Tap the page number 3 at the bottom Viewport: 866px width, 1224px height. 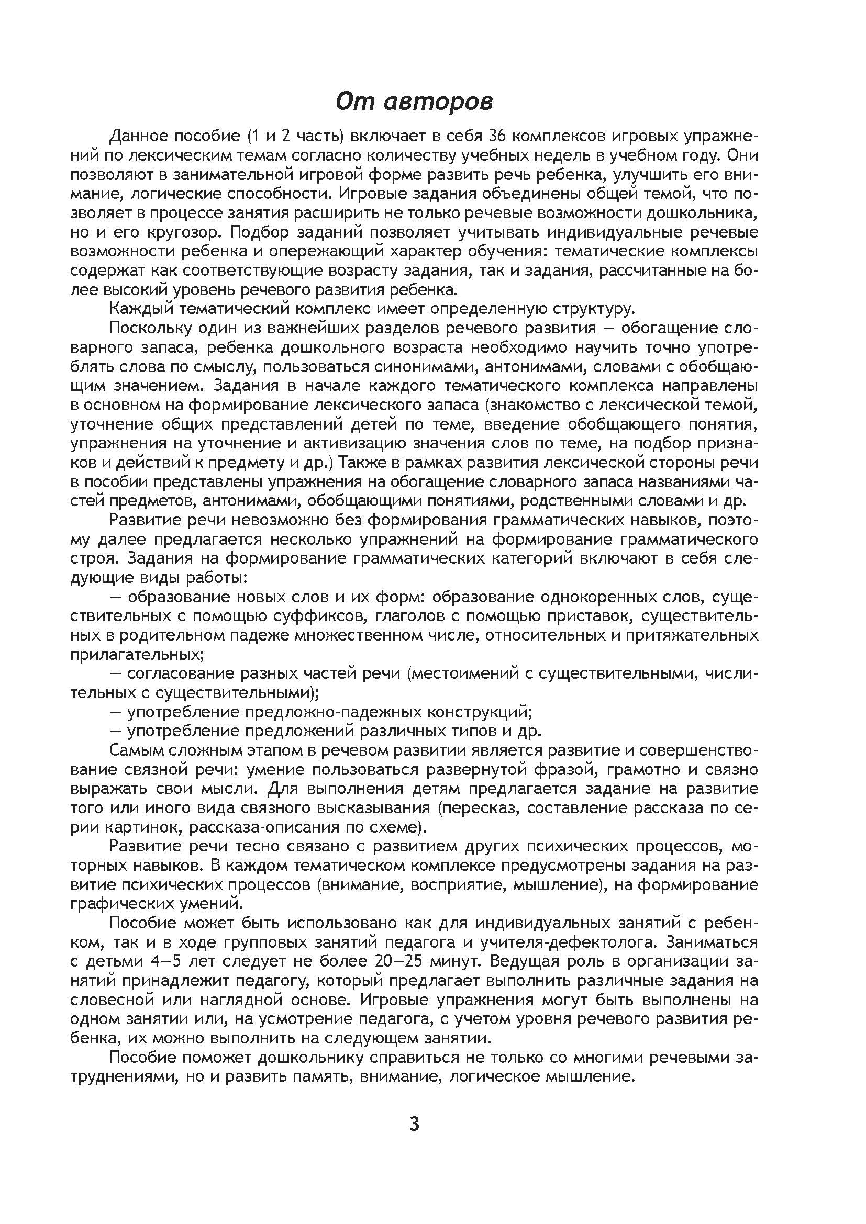414,1124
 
